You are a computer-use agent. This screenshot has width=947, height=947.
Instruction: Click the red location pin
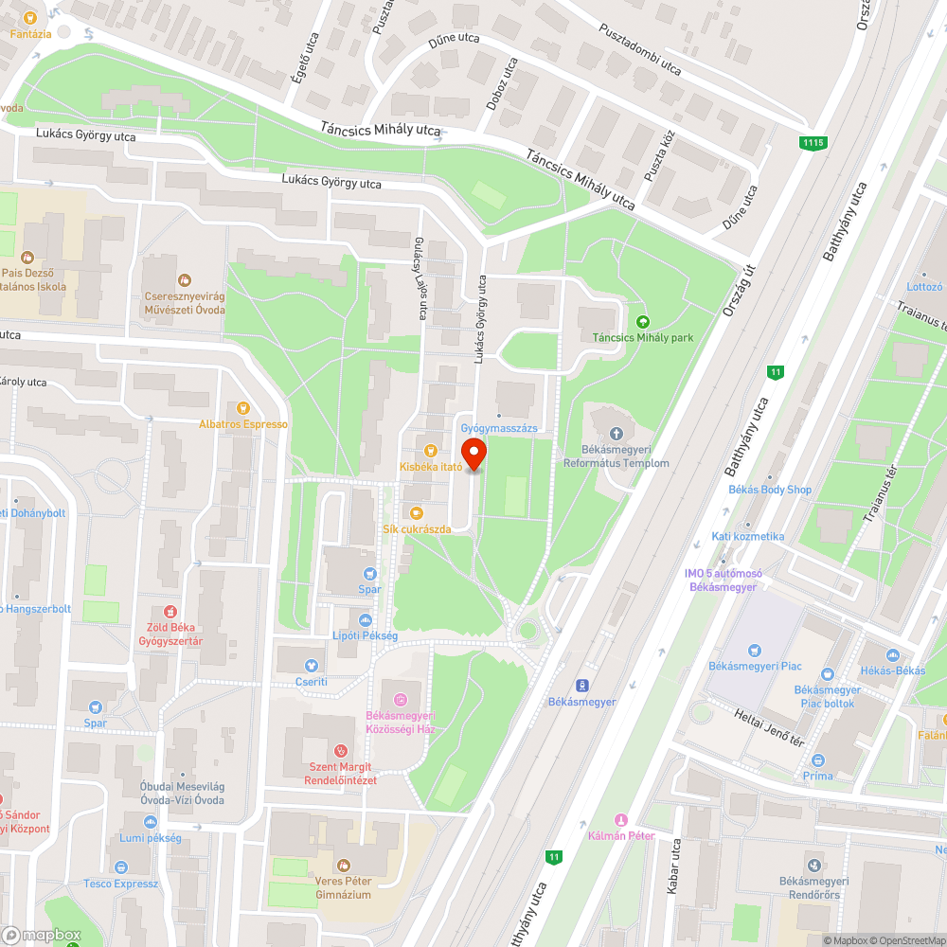click(473, 454)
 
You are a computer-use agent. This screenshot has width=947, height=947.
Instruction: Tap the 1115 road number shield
click(813, 143)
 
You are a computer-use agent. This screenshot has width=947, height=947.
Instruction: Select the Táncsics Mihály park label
click(643, 337)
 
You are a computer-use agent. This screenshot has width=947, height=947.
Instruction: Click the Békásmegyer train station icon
click(582, 685)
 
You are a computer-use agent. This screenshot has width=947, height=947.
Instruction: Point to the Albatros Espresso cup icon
click(243, 408)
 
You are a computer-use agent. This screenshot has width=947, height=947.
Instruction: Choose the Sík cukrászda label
click(417, 528)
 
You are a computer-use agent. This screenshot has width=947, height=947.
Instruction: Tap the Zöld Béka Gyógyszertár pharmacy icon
click(170, 612)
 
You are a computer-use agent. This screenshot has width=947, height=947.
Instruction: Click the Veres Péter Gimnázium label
click(343, 887)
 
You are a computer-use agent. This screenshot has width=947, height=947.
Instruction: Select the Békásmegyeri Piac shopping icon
click(755, 651)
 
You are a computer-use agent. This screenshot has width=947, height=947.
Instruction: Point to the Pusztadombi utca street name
click(640, 48)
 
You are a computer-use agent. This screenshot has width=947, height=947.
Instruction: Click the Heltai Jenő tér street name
click(769, 726)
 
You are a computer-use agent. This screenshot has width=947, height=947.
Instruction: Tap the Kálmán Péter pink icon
click(621, 820)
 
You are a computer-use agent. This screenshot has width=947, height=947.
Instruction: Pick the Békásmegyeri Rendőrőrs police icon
click(813, 866)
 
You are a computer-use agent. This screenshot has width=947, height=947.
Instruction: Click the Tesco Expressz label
click(120, 884)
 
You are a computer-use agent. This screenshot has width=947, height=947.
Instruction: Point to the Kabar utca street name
click(674, 867)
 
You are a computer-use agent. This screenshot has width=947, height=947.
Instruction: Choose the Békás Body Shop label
click(770, 490)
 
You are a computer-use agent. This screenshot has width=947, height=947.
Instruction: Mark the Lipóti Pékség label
click(365, 635)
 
